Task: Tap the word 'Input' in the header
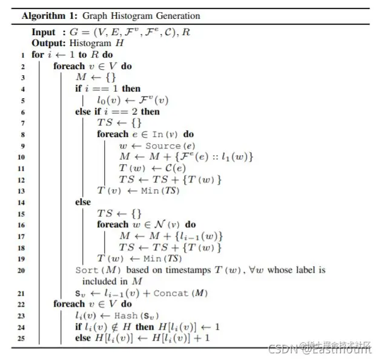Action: [44, 32]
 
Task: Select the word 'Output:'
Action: [46, 43]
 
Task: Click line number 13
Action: [23, 190]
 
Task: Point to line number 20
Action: [22, 270]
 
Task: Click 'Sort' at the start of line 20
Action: [86, 270]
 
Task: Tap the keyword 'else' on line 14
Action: [83, 202]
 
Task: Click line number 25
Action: [22, 338]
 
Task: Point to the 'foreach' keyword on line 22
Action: [69, 304]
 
